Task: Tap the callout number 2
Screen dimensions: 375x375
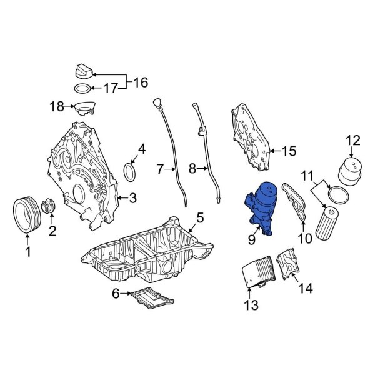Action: coord(52,231)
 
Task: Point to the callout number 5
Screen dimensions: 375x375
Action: coord(199,217)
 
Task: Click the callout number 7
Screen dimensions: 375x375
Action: coord(160,168)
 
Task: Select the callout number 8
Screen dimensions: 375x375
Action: coord(192,168)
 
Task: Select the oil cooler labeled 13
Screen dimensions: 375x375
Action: coord(256,273)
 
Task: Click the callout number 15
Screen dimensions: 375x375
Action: coord(288,151)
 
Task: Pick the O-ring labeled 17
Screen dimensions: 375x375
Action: coord(84,88)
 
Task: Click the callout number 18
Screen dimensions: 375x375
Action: coord(57,107)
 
